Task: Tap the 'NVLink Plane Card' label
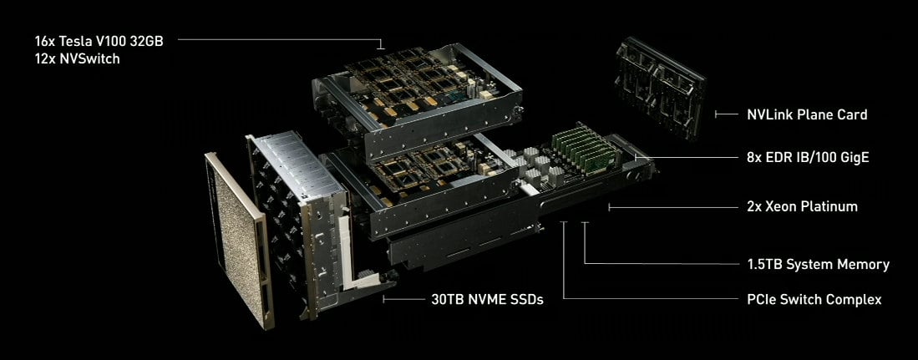[x=807, y=114]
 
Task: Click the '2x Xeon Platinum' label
[x=801, y=206]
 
